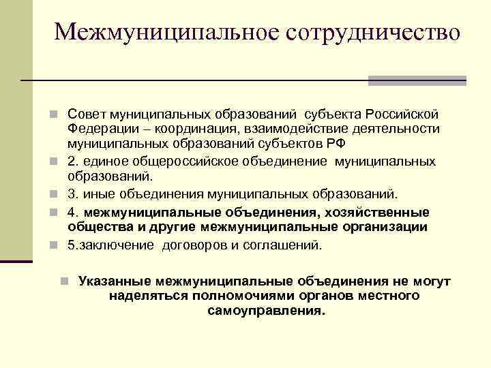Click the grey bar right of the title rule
point(417,80)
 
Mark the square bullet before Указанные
point(63,281)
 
